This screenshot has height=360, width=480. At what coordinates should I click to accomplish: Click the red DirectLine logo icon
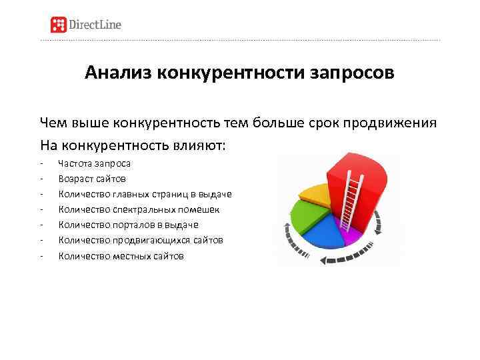pos(59,25)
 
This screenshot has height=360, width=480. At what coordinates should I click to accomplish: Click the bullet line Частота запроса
pos(95,163)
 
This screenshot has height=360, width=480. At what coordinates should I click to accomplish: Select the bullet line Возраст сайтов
pos(92,179)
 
